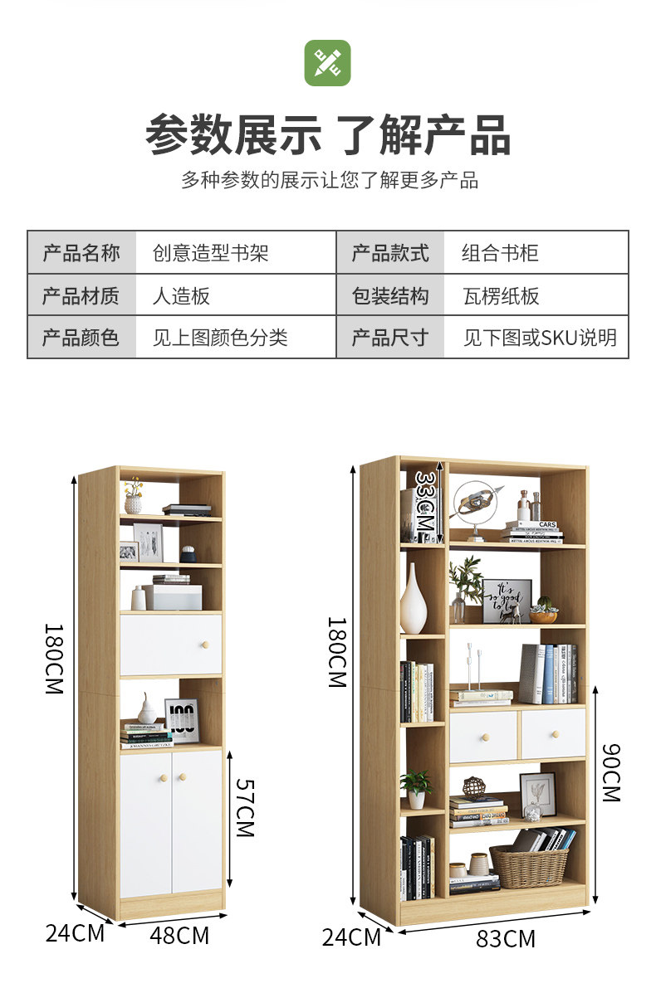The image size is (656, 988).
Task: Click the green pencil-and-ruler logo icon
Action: click(327, 63)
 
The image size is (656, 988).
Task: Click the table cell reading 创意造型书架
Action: click(211, 252)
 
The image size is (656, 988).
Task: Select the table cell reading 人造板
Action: click(181, 295)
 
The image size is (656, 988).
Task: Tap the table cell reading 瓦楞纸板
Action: click(502, 295)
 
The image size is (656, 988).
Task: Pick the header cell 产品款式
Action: click(390, 252)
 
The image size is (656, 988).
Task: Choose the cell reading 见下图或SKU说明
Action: click(540, 338)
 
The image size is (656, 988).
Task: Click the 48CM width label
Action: click(179, 936)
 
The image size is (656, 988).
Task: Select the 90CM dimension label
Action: click(610, 771)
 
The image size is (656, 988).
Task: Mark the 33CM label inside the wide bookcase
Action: click(424, 504)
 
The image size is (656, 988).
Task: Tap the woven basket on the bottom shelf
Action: click(528, 866)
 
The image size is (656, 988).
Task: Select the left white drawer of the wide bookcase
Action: click(482, 736)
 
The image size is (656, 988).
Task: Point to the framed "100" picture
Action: click(181, 719)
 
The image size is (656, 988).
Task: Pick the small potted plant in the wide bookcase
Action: click(416, 788)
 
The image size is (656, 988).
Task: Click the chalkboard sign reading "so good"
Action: click(507, 601)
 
